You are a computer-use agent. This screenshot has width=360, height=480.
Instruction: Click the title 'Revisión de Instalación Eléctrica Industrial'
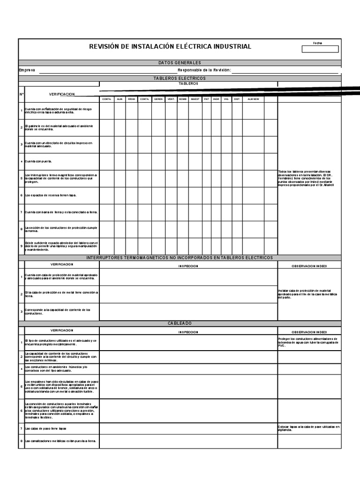pos(170,46)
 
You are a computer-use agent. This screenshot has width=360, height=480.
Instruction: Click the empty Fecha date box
pos(320,49)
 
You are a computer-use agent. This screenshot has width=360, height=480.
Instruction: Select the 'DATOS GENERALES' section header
pos(180,62)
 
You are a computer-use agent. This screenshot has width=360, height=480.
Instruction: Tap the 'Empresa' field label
pos(27,70)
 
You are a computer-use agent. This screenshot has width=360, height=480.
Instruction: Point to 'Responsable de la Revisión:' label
pos(204,70)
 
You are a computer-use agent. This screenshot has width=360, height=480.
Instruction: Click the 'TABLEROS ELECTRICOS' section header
pos(180,78)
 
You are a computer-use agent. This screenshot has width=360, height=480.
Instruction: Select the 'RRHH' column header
pos(131,99)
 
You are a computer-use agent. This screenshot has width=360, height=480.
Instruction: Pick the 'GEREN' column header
pos(158,99)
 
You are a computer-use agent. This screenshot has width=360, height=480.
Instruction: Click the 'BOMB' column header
pos(183,99)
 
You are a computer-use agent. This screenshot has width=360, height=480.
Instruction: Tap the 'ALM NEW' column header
pos(253,99)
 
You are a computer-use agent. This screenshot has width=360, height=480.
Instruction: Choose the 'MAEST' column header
pos(195,99)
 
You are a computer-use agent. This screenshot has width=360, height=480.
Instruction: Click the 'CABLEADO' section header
pos(180,323)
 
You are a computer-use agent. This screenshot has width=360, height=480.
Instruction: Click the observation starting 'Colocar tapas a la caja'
pos(308,428)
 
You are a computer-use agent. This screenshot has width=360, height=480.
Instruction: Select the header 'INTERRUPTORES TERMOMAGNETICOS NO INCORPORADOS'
pos(180,258)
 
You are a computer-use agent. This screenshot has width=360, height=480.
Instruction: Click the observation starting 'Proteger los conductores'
pos(308,342)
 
